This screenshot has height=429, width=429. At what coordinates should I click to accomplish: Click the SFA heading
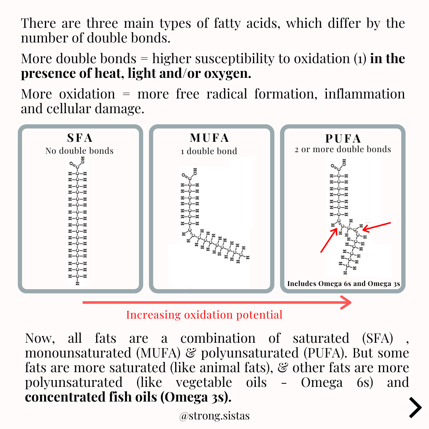[x=80, y=138]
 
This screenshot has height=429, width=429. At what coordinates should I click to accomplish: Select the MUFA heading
[x=210, y=138]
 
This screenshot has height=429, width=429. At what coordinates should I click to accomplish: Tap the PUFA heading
[x=343, y=139]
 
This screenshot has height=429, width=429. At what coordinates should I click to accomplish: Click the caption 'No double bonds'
[x=79, y=151]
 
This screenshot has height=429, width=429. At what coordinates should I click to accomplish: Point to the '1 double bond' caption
[x=212, y=151]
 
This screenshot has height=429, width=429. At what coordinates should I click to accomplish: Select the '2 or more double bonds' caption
[x=343, y=149]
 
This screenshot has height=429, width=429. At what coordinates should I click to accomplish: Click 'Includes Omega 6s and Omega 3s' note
[x=343, y=284]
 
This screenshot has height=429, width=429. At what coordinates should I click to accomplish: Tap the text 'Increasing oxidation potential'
[x=204, y=315]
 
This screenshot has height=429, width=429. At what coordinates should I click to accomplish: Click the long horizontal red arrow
[x=217, y=303]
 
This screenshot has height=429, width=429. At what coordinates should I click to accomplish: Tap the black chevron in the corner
[x=415, y=407]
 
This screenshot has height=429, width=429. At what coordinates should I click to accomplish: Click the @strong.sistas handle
[x=214, y=416]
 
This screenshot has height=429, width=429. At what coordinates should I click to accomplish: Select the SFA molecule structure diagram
[x=77, y=220]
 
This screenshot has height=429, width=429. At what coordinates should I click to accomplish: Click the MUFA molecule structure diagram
[x=211, y=218]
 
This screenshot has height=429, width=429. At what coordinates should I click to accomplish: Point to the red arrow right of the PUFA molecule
[x=377, y=226]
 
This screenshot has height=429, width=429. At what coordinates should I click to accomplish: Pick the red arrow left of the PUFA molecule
[x=329, y=240]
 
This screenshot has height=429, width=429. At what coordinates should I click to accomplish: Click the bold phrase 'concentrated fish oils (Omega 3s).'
[x=128, y=397]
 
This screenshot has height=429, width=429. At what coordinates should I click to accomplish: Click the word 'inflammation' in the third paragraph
[x=364, y=94]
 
